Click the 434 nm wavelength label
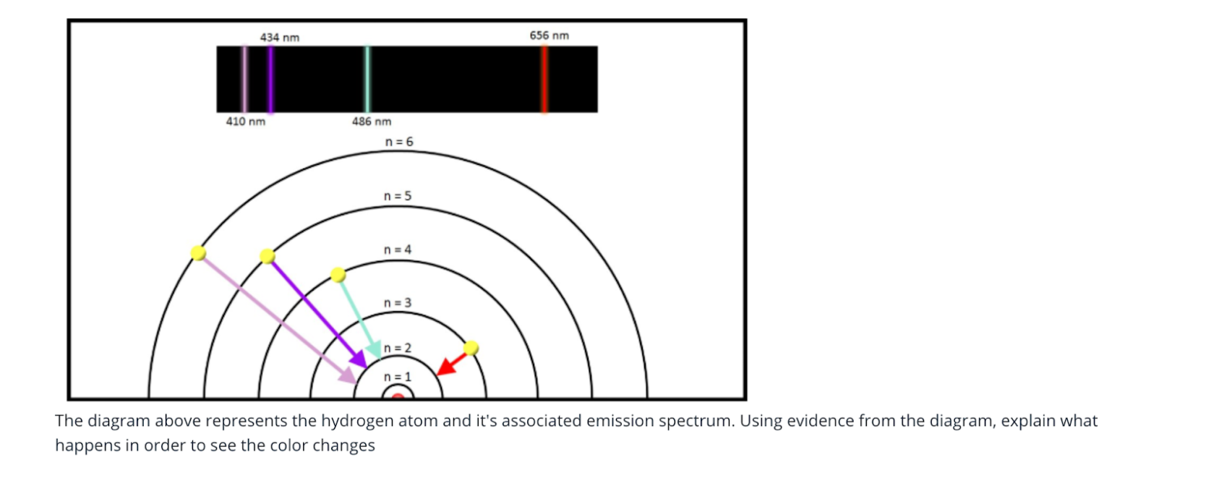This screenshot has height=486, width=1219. pyautogui.click(x=280, y=38)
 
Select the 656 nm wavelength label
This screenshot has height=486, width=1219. pyautogui.click(x=549, y=35)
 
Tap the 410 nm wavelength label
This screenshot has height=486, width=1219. pyautogui.click(x=245, y=121)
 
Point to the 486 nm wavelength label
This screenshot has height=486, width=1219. pyautogui.click(x=372, y=121)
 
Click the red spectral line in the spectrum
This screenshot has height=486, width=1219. pyautogui.click(x=544, y=80)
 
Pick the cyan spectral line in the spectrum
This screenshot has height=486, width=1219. pyautogui.click(x=367, y=80)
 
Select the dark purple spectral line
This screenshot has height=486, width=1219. pyautogui.click(x=270, y=80)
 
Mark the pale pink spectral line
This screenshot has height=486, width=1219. pyautogui.click(x=244, y=80)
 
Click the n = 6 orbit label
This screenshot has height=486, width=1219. pyautogui.click(x=399, y=142)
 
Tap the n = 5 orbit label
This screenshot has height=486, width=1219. pyautogui.click(x=398, y=196)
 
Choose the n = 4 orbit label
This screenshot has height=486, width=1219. pyautogui.click(x=398, y=250)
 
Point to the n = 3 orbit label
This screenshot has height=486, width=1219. pyautogui.click(x=398, y=302)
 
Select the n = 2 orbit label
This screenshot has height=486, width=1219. pyautogui.click(x=398, y=348)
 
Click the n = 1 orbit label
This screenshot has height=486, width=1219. pyautogui.click(x=398, y=377)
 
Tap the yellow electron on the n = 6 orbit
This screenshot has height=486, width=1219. pyautogui.click(x=199, y=253)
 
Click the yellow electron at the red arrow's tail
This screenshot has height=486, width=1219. pyautogui.click(x=471, y=348)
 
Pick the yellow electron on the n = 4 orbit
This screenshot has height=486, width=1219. pyautogui.click(x=338, y=275)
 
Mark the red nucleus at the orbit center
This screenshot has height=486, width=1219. pyautogui.click(x=398, y=396)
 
